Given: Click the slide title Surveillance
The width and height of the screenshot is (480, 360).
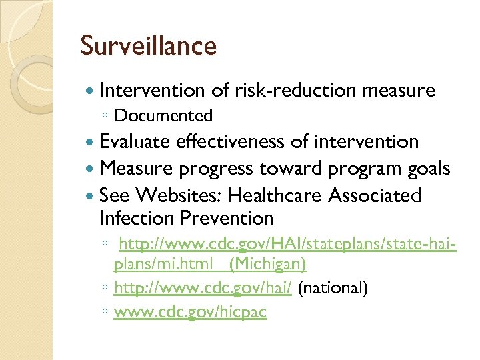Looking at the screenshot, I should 148,46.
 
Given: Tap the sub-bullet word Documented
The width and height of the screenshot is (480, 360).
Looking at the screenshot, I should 163,116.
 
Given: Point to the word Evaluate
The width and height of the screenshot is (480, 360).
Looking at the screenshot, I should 135,142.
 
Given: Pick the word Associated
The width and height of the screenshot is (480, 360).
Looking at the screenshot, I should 374,195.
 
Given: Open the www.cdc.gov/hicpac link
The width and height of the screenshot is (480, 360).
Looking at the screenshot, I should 190,312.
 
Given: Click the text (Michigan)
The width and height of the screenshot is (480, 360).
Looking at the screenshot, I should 267,265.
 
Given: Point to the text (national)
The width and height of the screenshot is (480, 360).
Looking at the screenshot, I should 333,289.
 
